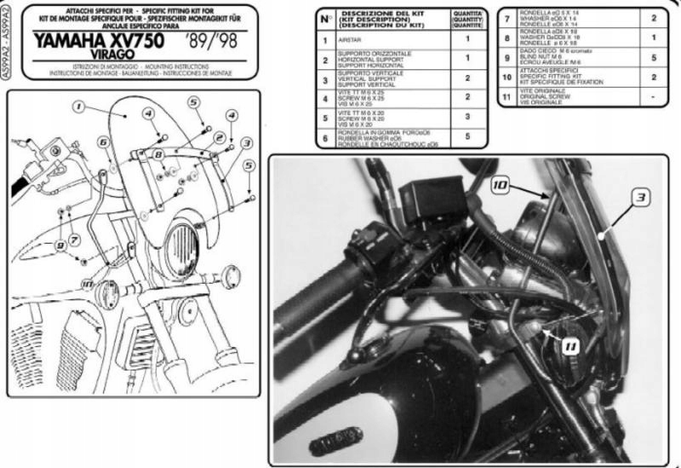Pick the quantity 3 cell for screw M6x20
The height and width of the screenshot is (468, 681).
[x=467, y=116]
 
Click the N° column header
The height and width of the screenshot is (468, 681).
[x=325, y=18]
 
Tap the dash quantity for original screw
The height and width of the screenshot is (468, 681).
[x=654, y=98]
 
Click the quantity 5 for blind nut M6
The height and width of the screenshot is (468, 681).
[x=654, y=57]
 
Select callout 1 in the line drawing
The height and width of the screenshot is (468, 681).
[x=77, y=108]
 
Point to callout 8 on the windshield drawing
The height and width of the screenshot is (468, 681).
[x=158, y=154]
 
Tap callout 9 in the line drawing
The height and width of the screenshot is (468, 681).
[x=60, y=246]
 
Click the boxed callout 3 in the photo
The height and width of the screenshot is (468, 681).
[x=637, y=197]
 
